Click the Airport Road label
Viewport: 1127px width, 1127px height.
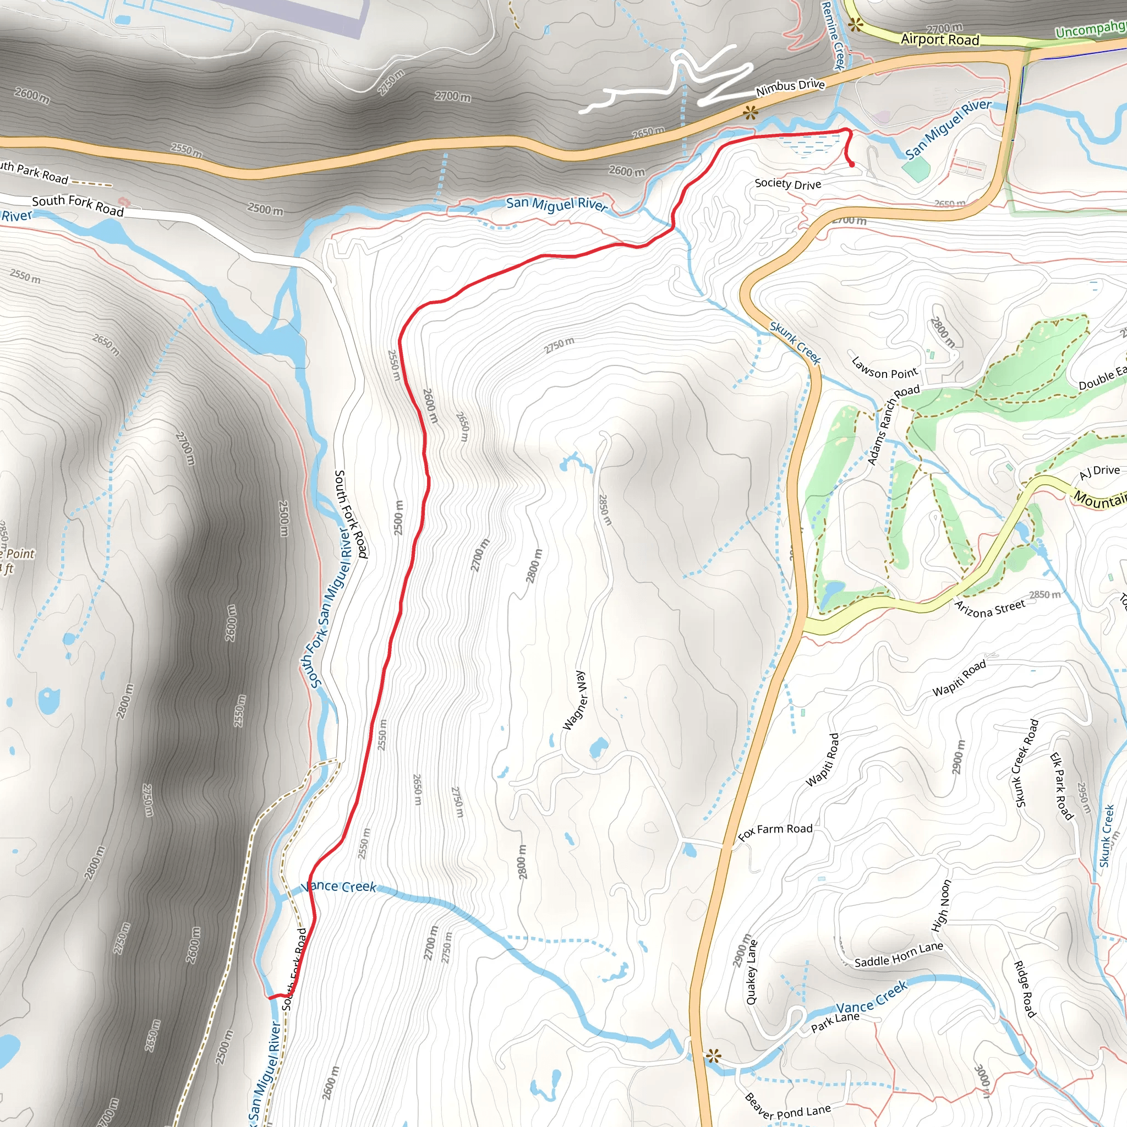pyautogui.click(x=940, y=40)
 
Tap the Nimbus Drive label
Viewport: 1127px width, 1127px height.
pyautogui.click(x=790, y=87)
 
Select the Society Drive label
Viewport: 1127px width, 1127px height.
pyautogui.click(x=787, y=184)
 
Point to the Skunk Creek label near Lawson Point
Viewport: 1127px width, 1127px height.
pyautogui.click(x=795, y=343)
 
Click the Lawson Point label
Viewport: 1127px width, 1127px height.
pyautogui.click(x=884, y=368)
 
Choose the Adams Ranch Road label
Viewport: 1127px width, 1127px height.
pyautogui.click(x=893, y=424)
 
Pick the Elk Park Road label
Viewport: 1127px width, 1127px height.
pyautogui.click(x=1061, y=786)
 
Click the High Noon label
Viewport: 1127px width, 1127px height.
pyautogui.click(x=941, y=905)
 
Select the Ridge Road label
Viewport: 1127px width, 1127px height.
pyautogui.click(x=1024, y=989)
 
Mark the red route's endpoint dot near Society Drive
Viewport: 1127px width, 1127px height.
pyautogui.click(x=852, y=165)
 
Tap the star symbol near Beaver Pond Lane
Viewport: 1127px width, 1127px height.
pyautogui.click(x=712, y=1055)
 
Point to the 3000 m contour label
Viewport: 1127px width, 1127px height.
pyautogui.click(x=982, y=1081)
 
